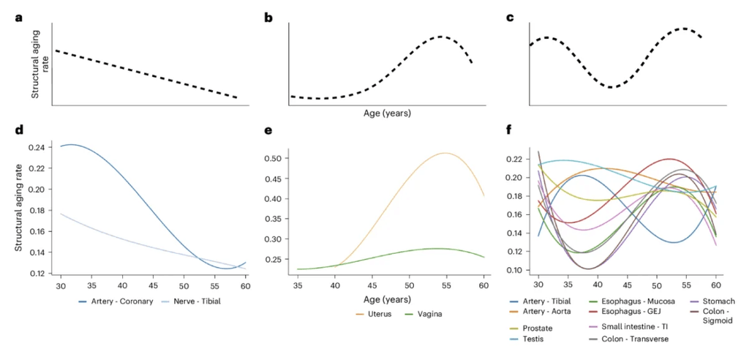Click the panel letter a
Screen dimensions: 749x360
(x=18, y=18)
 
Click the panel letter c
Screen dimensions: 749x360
(x=511, y=18)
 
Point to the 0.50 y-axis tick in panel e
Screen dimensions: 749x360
(x=276, y=158)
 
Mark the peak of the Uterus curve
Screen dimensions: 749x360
(x=445, y=153)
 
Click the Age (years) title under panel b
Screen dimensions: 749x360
(x=387, y=114)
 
